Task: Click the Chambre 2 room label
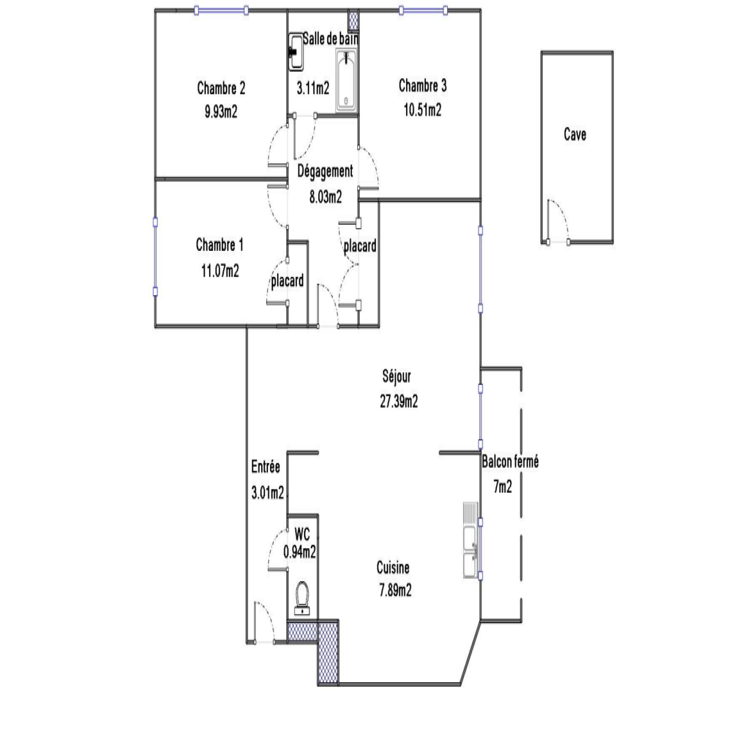point(221,88)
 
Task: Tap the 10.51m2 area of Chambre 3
point(423,110)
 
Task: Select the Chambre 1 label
point(220,245)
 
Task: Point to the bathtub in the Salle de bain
point(347,81)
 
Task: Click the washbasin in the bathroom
point(296,52)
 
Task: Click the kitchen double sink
point(471,540)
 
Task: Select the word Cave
point(575,134)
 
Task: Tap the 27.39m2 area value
point(399,401)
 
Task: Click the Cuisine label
point(393,567)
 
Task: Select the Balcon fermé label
point(510,461)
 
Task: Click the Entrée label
point(265,466)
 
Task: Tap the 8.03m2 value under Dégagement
point(326,197)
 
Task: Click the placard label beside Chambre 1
point(287,281)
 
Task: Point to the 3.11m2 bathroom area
point(313,88)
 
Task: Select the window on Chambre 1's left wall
point(155,257)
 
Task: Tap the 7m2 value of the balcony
point(503,487)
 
